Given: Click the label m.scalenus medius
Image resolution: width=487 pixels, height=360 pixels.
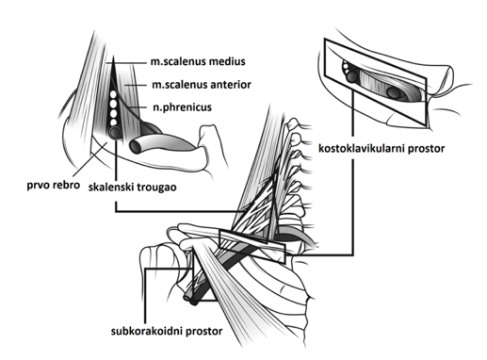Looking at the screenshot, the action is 198,61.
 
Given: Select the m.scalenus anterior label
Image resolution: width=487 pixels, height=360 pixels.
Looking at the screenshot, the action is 202,85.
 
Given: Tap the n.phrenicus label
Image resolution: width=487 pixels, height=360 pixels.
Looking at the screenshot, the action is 182,107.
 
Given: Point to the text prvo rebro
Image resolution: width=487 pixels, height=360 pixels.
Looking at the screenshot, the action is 53,185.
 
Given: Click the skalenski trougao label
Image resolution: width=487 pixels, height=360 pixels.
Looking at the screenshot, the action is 133,188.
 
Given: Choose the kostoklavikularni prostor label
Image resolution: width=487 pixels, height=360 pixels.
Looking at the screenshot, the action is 381,148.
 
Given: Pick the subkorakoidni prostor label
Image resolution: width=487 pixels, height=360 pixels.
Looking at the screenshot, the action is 167,331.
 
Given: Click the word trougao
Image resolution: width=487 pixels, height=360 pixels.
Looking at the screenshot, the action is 156,188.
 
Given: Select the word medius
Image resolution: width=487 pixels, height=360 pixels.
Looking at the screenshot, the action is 227,61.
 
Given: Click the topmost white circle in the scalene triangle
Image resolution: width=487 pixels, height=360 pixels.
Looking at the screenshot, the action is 113,94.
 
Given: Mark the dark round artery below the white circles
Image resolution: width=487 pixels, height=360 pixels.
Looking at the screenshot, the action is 115,133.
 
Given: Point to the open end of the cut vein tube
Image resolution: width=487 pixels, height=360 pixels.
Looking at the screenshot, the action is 137,147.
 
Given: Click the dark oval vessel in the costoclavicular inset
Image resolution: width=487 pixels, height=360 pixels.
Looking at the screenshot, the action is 393,92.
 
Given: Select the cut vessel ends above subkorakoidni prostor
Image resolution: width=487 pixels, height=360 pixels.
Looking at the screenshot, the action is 192,301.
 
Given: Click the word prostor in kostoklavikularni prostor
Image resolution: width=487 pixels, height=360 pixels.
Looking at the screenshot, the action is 426,148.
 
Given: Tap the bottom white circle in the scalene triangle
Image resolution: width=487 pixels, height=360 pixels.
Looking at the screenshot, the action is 114,123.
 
